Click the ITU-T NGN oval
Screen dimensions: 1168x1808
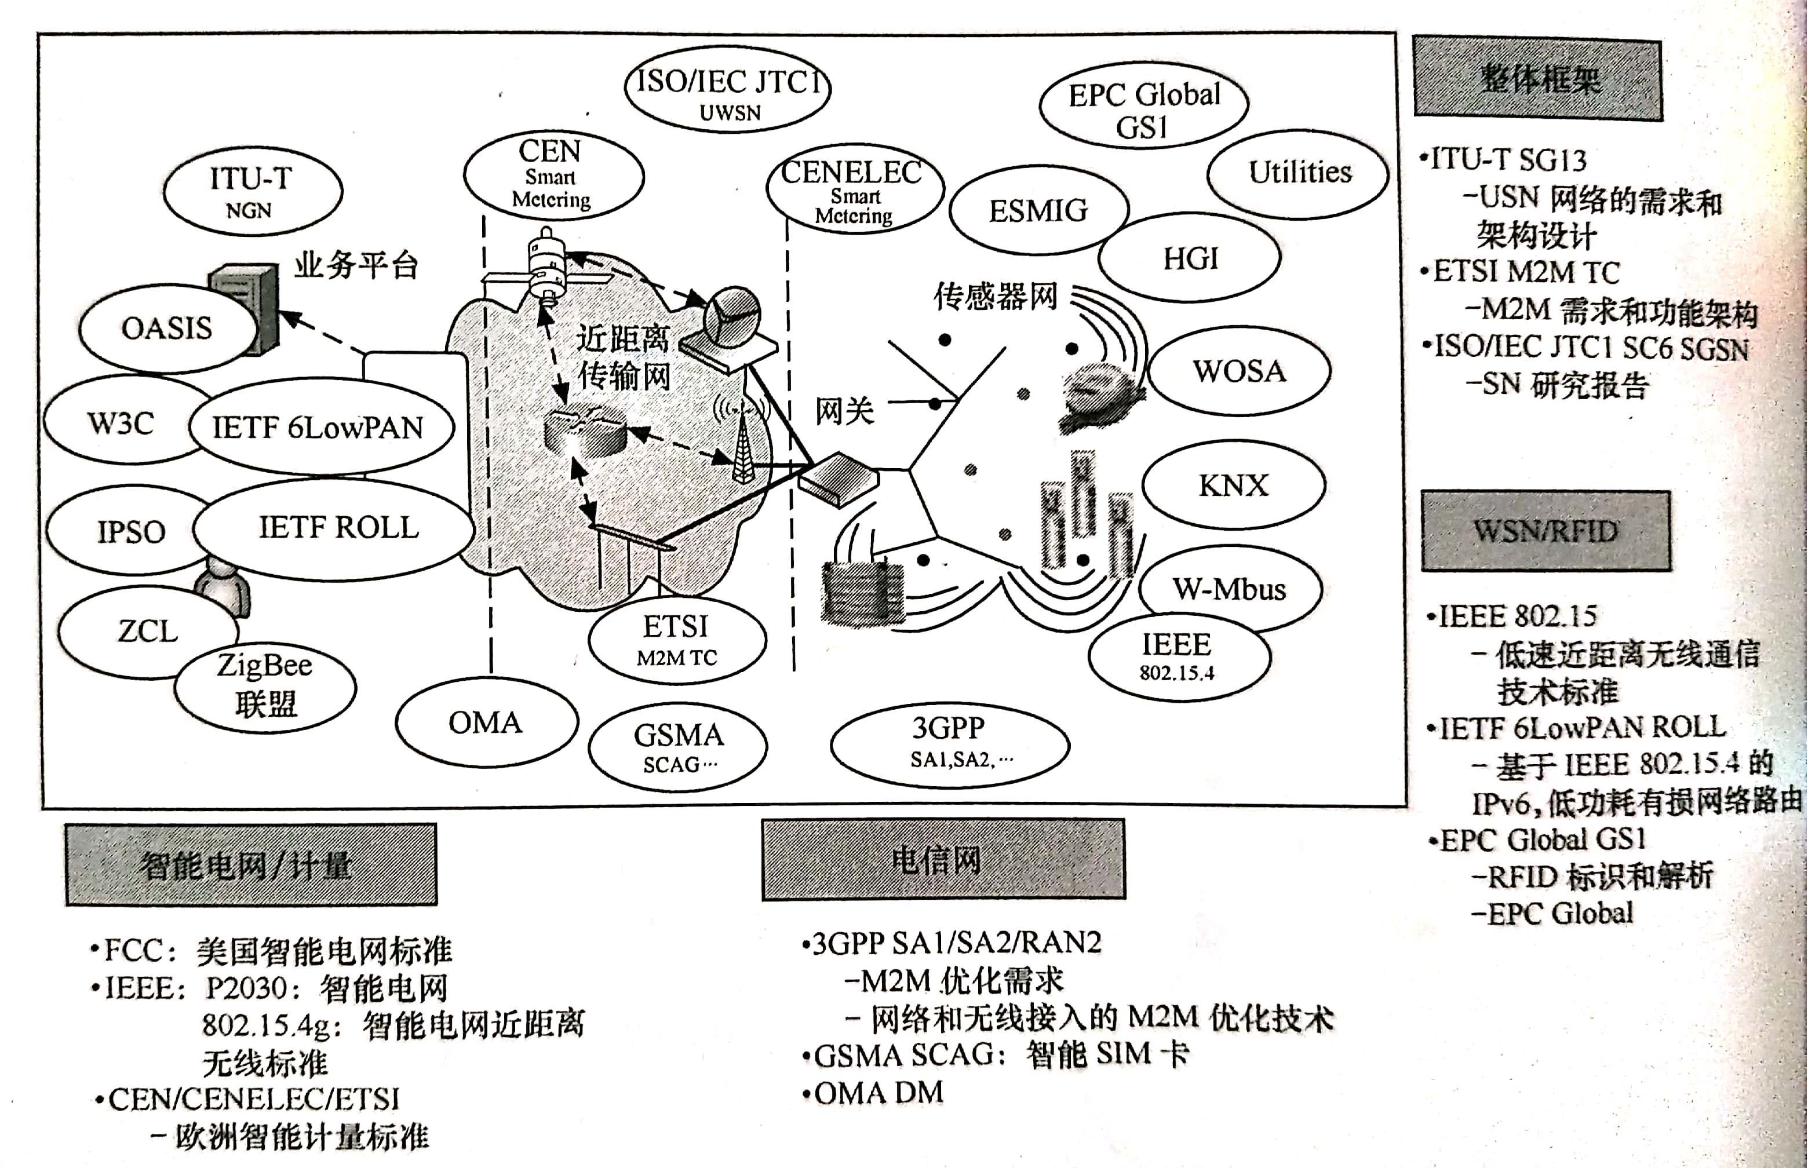tap(251, 191)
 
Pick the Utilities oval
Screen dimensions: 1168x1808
tap(1299, 173)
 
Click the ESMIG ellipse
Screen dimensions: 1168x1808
tap(1037, 211)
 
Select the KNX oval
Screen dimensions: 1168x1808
tap(1233, 486)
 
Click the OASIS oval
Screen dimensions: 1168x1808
tap(167, 329)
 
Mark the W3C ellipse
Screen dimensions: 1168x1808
tap(121, 422)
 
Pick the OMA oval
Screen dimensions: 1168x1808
tap(486, 722)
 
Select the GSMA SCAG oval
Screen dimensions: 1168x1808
tap(677, 746)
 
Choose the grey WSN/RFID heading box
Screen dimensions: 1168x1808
tap(1545, 531)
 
